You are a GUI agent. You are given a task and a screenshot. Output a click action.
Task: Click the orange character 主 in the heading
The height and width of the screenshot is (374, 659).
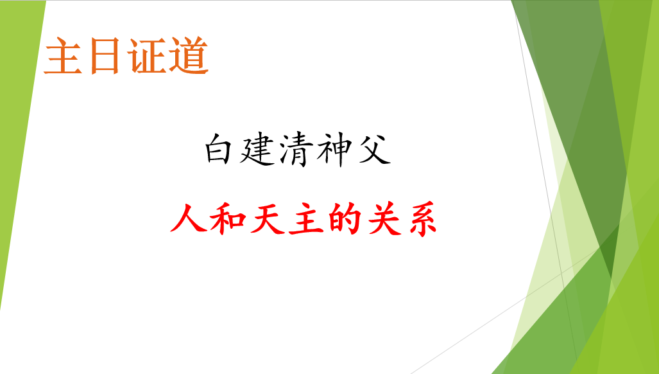63,56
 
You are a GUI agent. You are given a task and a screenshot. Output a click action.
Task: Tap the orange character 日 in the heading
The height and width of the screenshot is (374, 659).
105,57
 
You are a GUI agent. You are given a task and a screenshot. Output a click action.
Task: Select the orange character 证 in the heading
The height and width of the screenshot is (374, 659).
147,56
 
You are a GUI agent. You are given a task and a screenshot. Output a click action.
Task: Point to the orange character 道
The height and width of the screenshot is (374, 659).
189,56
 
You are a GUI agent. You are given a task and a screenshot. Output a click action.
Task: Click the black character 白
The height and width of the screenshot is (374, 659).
218,149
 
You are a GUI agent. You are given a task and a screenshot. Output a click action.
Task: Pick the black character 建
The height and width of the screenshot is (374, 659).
257,150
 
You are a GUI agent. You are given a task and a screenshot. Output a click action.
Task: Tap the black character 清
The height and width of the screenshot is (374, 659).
296,150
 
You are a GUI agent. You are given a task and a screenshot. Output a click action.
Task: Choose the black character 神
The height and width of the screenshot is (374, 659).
334,150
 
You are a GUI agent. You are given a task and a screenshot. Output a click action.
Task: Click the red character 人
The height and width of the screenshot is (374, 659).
188,217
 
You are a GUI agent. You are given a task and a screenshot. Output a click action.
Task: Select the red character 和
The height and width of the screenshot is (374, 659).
227,218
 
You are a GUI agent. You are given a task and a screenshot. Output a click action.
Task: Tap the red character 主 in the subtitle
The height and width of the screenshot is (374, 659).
306,218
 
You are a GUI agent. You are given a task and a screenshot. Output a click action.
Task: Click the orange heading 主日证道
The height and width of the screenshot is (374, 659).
126,56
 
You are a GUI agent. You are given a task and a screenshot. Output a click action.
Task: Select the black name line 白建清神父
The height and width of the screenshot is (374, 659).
298,150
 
